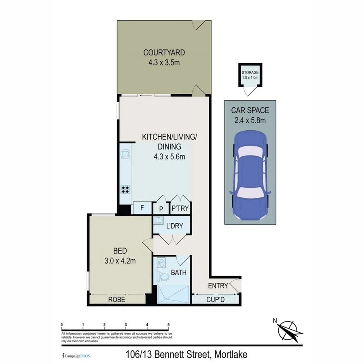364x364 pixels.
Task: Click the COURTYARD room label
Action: tap(164, 53)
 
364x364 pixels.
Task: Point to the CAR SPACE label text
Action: tap(250, 110)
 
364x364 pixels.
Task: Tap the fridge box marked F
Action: tap(142, 208)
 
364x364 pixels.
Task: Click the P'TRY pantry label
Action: tap(180, 209)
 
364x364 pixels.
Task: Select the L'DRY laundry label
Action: tap(175, 226)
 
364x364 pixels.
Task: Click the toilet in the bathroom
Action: tap(164, 277)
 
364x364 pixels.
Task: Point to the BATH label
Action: tap(178, 273)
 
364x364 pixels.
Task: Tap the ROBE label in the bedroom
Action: tap(116, 300)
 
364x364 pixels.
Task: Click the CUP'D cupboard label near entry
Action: tap(216, 300)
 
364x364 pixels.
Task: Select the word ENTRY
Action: tap(218, 286)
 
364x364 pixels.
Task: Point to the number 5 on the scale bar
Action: tap(169, 324)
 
